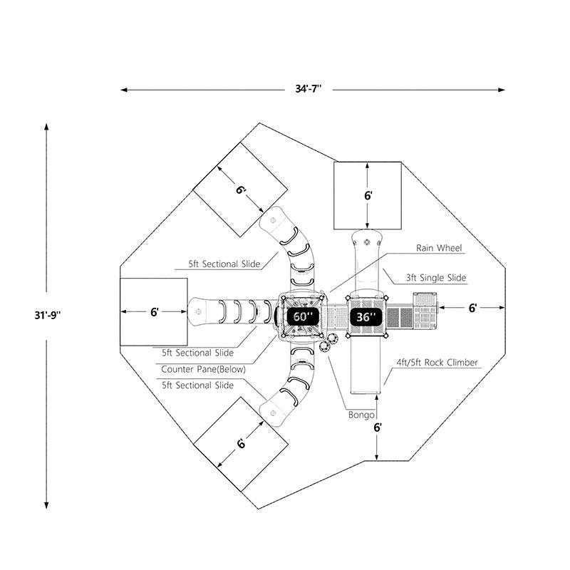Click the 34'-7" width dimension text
pos(309,89)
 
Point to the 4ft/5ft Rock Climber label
pos(437,362)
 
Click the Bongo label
pos(361,414)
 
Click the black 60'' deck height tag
pos(302,316)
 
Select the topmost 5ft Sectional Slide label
pos(224,264)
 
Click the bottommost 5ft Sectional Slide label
pos(197,385)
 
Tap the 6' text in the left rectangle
pos(154,311)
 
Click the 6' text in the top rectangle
pos(368,195)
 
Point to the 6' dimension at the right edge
pos(472,308)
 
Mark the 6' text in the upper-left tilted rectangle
pos(242,190)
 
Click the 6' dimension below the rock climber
pos(377,427)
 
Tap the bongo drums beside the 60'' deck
pos(326,346)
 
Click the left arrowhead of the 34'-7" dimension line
pos(123,90)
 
